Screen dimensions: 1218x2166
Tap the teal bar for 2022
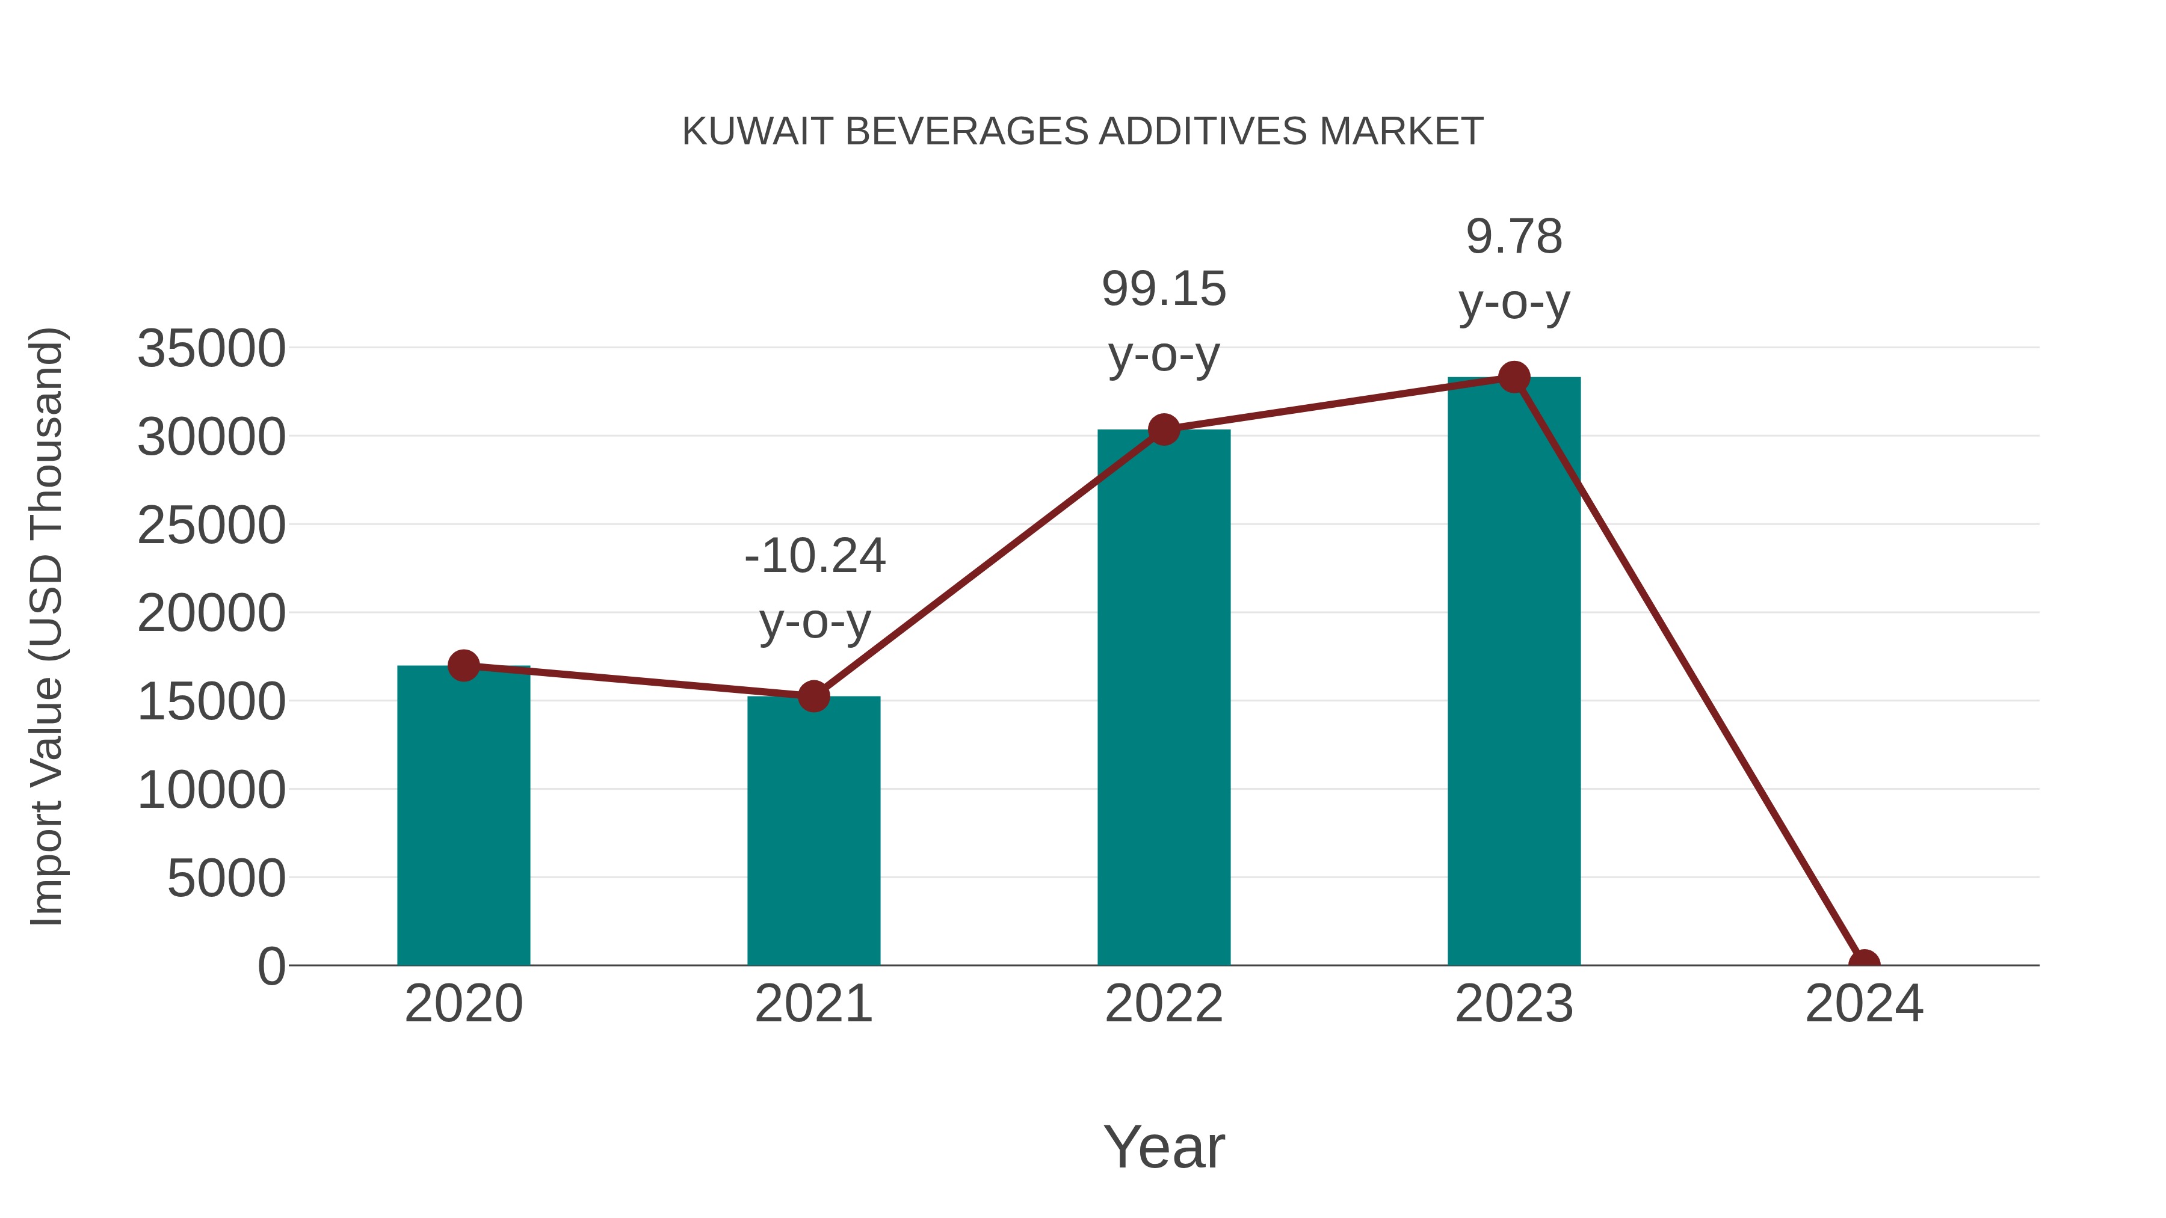(1164, 698)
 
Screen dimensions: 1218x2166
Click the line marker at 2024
(1864, 964)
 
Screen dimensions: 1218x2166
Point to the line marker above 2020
(463, 666)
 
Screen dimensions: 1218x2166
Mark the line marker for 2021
(813, 696)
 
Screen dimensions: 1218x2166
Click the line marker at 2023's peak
(1514, 377)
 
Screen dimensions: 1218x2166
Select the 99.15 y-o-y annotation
(1164, 322)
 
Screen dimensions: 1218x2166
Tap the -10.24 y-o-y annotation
(814, 588)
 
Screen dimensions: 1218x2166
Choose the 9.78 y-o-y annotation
(1514, 269)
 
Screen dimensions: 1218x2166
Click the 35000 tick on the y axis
(211, 349)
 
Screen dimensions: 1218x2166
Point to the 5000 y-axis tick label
(226, 879)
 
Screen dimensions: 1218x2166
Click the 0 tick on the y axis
(271, 967)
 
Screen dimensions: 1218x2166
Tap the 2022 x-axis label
(1164, 1004)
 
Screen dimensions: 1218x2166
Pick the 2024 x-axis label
(1864, 1004)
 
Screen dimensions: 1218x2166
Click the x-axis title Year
(1164, 1146)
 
